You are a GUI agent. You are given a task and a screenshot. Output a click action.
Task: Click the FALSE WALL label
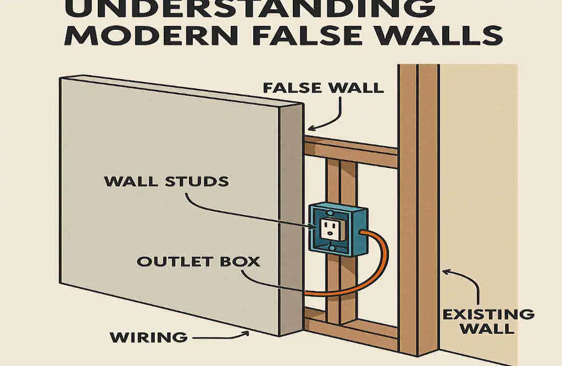point(323,88)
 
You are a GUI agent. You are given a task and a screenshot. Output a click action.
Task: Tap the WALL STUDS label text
point(166,182)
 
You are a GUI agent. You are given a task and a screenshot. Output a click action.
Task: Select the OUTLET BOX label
point(198,261)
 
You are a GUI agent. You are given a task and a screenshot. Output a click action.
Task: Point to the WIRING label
point(148,337)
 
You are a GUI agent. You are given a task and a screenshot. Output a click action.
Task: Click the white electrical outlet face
point(329,229)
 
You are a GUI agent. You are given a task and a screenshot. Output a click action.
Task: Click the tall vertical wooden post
point(418,205)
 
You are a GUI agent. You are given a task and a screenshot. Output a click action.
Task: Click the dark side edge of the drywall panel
point(291,220)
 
